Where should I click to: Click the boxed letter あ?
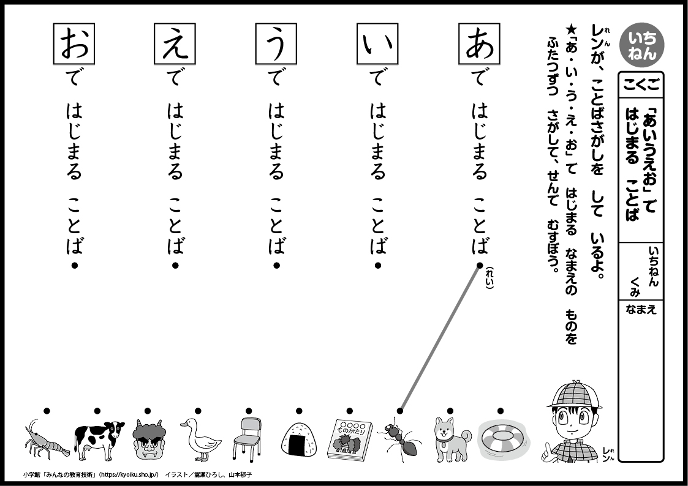[479, 44]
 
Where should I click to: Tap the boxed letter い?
[378, 44]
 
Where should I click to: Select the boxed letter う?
[276, 44]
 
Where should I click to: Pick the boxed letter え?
[175, 44]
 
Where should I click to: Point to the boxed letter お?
[74, 44]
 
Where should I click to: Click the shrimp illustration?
[46, 439]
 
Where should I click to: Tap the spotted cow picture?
[99, 441]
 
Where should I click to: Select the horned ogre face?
[149, 439]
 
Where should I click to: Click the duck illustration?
[200, 439]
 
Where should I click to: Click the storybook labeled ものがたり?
[350, 440]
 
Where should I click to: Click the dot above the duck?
[198, 411]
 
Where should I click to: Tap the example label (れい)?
[490, 278]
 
